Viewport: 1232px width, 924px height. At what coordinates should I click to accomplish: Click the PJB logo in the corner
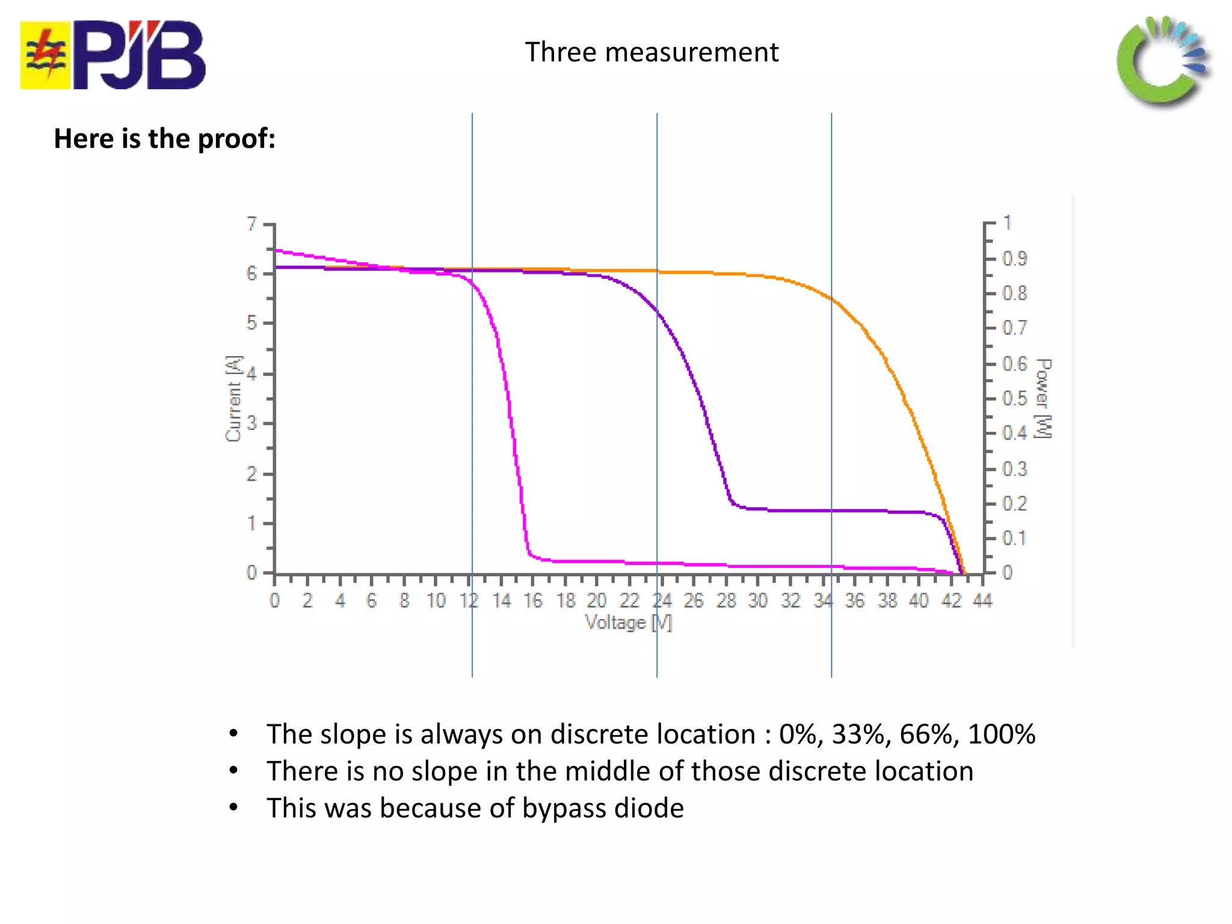pyautogui.click(x=112, y=55)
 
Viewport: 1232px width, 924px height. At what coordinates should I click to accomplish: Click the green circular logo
pyautogui.click(x=1162, y=61)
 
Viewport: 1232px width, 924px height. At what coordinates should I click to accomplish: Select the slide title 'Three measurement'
pyautogui.click(x=651, y=52)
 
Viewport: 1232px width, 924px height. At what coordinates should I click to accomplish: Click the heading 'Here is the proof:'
pyautogui.click(x=164, y=139)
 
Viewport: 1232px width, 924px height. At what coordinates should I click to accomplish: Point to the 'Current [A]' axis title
pyautogui.click(x=233, y=398)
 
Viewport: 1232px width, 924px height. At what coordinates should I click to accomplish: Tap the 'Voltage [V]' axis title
pyautogui.click(x=628, y=622)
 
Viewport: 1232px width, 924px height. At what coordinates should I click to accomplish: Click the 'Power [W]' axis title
pyautogui.click(x=1044, y=398)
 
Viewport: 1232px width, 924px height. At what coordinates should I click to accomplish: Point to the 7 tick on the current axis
pyautogui.click(x=251, y=224)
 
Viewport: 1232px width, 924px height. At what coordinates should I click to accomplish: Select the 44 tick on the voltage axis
pyautogui.click(x=982, y=600)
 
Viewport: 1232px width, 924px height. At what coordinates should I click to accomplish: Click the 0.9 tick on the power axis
pyautogui.click(x=1015, y=259)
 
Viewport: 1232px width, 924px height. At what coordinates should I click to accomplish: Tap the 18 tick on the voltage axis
pyautogui.click(x=565, y=600)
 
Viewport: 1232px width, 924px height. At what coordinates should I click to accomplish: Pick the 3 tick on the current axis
pyautogui.click(x=251, y=423)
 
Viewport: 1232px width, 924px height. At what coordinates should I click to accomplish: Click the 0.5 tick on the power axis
pyautogui.click(x=1015, y=398)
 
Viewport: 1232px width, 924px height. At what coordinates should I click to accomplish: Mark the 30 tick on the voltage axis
pyautogui.click(x=758, y=600)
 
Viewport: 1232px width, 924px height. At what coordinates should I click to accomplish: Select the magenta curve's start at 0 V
pyautogui.click(x=276, y=250)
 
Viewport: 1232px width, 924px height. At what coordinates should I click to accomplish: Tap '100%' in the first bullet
pyautogui.click(x=1001, y=735)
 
